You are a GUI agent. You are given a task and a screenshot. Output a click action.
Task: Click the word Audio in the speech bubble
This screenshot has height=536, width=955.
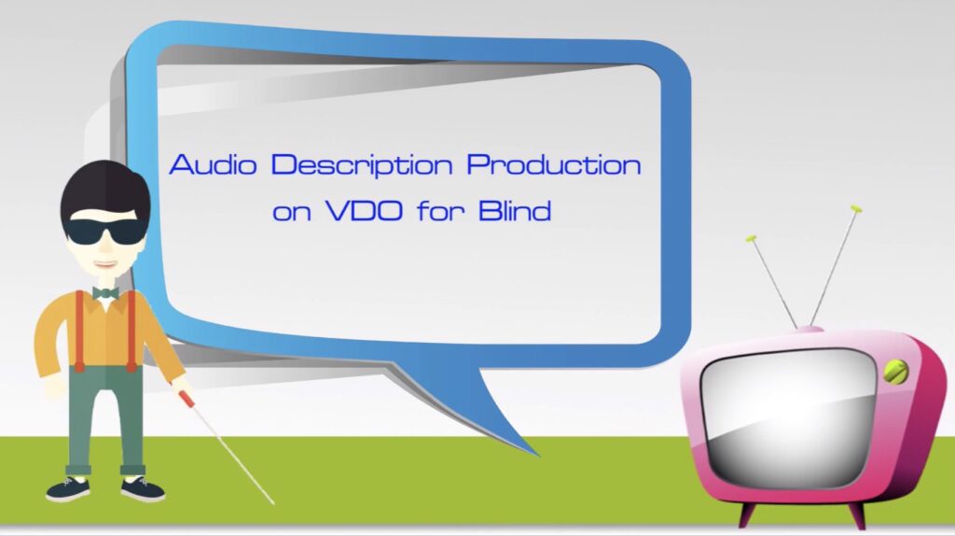tap(213, 164)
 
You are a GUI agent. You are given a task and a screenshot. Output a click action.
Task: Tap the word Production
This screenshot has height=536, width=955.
tap(554, 164)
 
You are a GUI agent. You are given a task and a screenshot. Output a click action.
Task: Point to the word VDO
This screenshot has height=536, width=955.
tap(365, 211)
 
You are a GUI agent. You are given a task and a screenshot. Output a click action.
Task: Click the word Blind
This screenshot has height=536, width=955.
tap(515, 210)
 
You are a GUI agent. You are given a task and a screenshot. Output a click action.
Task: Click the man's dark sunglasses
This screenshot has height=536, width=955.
tap(106, 231)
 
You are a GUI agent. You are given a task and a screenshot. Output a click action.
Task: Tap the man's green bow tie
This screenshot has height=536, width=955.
tap(105, 293)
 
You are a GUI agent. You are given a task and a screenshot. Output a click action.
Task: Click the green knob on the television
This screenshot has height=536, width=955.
tap(895, 372)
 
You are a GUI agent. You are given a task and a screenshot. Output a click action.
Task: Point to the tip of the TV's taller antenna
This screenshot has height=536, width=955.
tap(856, 208)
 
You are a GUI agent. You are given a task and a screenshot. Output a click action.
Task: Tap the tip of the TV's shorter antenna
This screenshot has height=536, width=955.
tap(752, 238)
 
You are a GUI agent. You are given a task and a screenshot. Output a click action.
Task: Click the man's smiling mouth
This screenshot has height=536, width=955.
tap(105, 264)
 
